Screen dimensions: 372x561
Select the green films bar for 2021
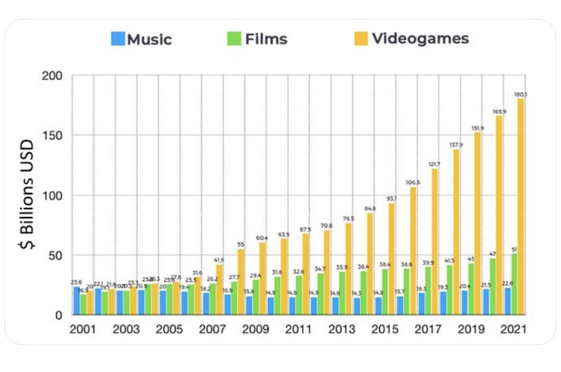514,284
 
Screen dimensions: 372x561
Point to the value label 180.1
520,94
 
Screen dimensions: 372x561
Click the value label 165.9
499,111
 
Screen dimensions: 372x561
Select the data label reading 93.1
392,199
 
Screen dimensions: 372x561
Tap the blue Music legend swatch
118,39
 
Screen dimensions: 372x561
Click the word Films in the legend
266,39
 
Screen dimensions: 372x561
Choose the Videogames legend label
420,39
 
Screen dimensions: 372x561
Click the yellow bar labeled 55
241,281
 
